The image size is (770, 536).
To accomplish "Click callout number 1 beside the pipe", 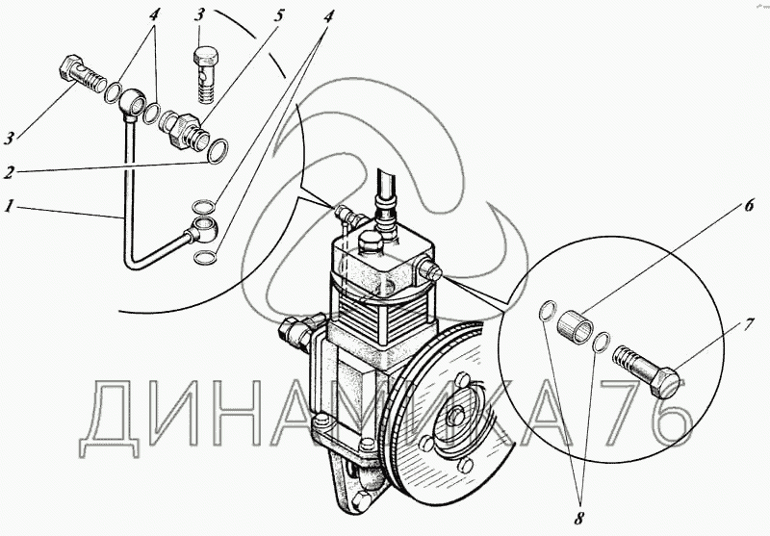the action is point(9,206).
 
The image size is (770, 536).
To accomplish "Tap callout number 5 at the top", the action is point(278,16).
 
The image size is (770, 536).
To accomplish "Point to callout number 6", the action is point(749,205).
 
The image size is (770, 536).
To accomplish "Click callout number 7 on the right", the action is point(748,324).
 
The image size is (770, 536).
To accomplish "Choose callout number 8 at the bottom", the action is point(580,517).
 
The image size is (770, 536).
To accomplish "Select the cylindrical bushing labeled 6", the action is point(576,326).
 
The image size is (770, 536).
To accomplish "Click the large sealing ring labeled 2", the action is point(218,151).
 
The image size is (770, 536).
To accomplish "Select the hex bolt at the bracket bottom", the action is point(361,499).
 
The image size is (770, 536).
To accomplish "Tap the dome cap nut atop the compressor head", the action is point(371,242).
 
